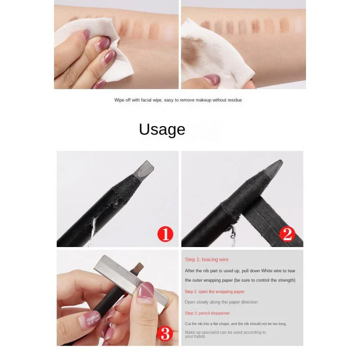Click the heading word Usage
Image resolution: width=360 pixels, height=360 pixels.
point(162,129)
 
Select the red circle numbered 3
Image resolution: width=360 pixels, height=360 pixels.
point(165,333)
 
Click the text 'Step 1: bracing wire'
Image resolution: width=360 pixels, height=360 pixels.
point(207,260)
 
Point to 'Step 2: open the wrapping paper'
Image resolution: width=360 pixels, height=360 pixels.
point(214,292)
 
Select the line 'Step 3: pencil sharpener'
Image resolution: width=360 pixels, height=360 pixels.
point(207,313)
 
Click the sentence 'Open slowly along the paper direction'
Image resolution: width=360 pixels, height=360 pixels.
point(221,302)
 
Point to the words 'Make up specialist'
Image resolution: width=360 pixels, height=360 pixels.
point(202,332)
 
